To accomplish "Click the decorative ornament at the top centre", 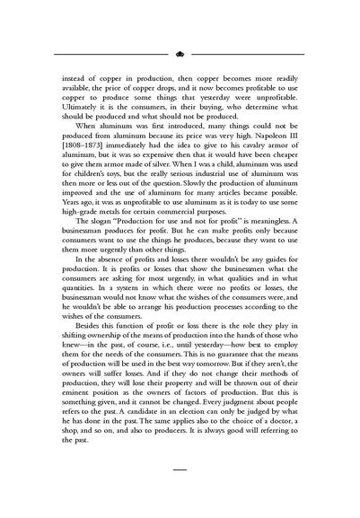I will tap(180, 54).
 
